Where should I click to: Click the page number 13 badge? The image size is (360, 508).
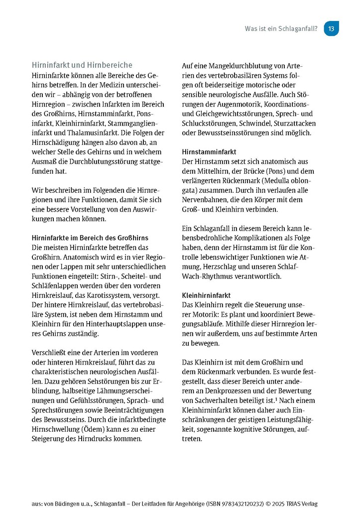[x=331, y=29]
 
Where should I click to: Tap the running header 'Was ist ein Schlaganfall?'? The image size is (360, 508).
[x=281, y=29]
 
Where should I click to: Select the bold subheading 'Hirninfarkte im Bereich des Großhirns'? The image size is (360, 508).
[x=90, y=238]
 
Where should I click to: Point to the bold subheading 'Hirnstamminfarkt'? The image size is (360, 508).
[x=209, y=151]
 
